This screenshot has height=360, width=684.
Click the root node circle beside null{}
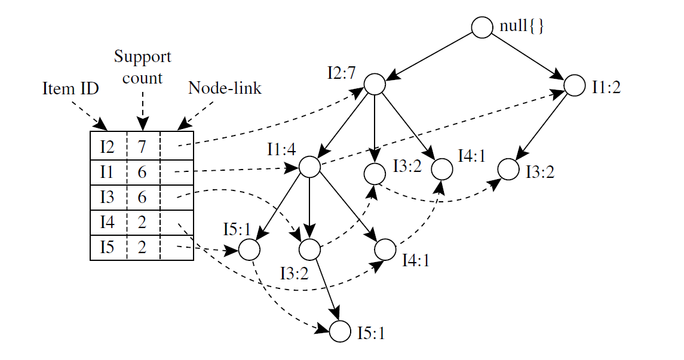point(481,27)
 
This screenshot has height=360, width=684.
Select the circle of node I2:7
point(375,84)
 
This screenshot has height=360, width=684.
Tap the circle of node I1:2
point(575,85)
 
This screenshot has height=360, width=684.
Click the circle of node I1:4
point(309,167)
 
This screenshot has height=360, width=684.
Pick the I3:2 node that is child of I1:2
point(509,170)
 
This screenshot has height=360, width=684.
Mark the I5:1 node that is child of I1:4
point(249,250)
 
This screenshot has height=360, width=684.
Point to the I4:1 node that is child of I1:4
point(385,249)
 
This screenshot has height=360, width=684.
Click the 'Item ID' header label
point(70,89)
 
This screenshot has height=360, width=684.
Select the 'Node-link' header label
point(225,88)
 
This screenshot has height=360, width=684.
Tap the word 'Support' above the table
point(142,57)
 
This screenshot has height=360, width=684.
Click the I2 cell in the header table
point(107,146)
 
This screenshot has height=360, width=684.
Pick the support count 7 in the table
point(142,146)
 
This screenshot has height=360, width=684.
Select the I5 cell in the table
point(107,247)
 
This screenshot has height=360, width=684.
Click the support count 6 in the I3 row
point(142,196)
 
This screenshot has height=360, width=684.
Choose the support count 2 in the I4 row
point(142,222)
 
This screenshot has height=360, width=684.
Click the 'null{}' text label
point(522,27)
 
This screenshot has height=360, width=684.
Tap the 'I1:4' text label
point(281,149)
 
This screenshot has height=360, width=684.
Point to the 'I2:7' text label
point(341,73)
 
